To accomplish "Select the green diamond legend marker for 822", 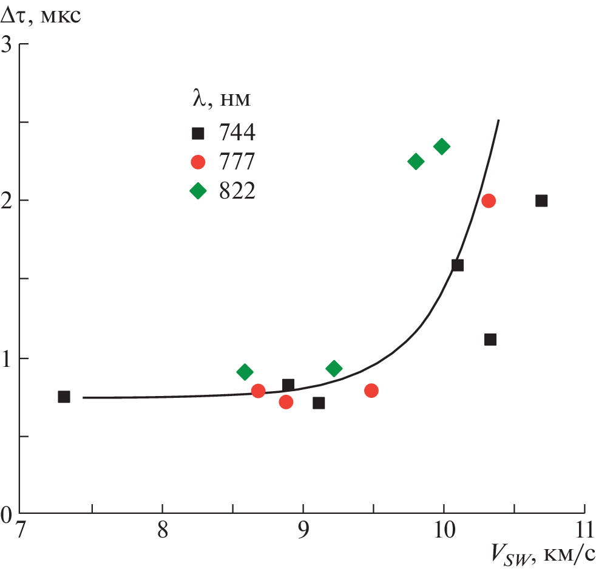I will pyautogui.click(x=198, y=191).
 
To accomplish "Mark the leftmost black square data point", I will pyautogui.click(x=64, y=397).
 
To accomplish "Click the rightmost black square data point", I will pyautogui.click(x=541, y=200).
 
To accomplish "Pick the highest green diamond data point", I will pyautogui.click(x=442, y=146).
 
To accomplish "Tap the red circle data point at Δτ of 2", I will pyautogui.click(x=489, y=200).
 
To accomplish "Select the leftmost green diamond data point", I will pyautogui.click(x=245, y=372).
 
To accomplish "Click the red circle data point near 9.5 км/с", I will pyautogui.click(x=371, y=391).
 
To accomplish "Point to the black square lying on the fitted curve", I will pyautogui.click(x=458, y=265).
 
